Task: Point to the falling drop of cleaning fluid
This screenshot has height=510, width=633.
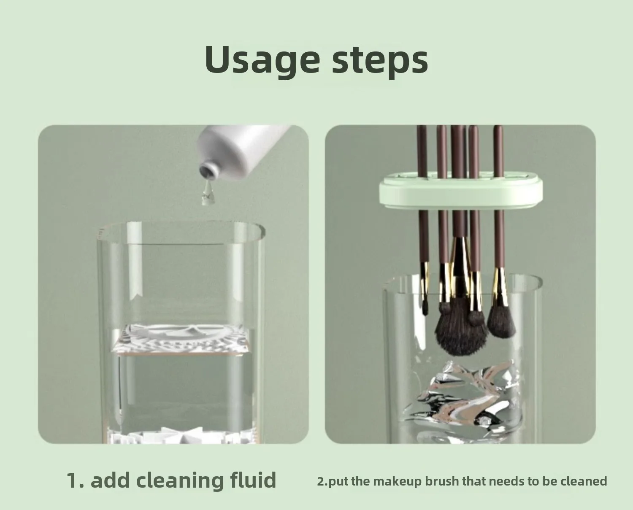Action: pos(207,195)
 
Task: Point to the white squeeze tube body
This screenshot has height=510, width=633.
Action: pos(249,152)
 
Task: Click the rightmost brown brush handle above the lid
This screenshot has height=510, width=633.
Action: pos(498,152)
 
